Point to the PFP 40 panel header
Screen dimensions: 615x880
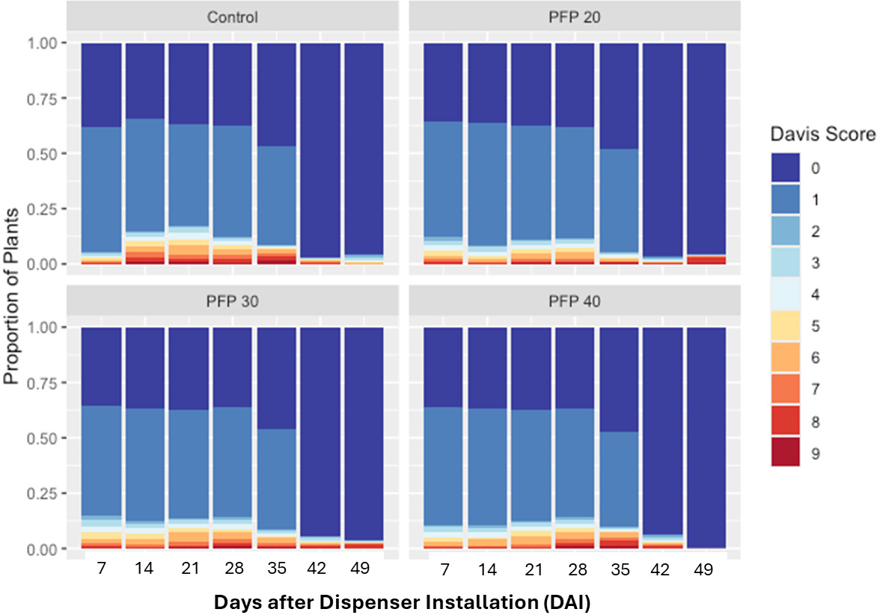[x=575, y=302]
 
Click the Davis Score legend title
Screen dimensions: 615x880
[x=822, y=135]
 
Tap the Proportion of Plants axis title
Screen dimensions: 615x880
[x=13, y=295]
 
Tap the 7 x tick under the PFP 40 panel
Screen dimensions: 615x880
[x=445, y=569]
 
